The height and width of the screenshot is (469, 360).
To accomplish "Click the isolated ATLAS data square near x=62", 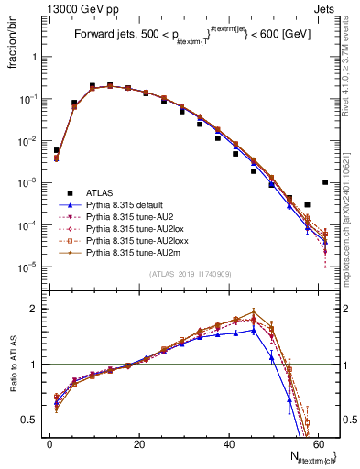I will tap(325, 182).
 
